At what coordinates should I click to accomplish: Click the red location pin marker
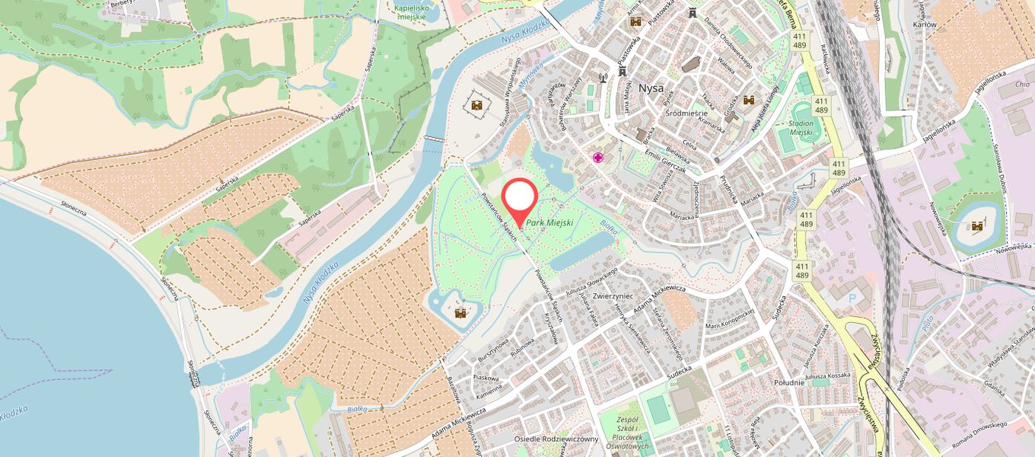click(520, 200)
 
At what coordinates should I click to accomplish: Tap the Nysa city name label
click(651, 88)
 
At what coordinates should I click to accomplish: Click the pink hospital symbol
click(599, 158)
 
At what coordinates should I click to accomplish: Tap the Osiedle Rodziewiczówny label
click(556, 439)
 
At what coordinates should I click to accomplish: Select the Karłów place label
click(925, 25)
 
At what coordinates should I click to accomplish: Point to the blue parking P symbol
click(852, 298)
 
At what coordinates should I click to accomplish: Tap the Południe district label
click(788, 382)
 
